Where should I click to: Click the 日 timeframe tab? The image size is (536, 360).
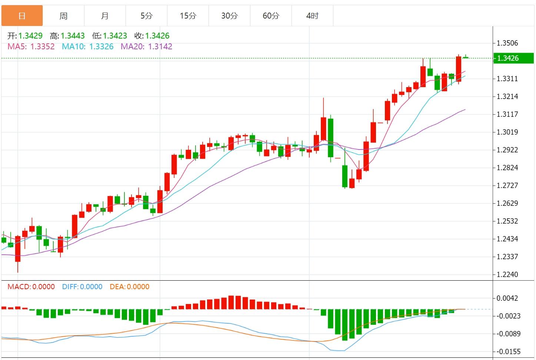22,16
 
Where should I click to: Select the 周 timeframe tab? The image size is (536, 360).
63,16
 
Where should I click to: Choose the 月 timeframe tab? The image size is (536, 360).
105,16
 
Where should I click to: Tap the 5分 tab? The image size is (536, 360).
146,16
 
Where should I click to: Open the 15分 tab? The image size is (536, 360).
188,16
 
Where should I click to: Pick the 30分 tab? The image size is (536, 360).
229,16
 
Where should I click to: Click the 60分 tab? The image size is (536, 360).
271,16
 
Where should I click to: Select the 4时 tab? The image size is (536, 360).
312,16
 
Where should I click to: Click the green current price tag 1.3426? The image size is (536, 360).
513,58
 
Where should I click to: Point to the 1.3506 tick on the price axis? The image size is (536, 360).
507,43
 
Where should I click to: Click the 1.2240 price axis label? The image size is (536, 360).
507,274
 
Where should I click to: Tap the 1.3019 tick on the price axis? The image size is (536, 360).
507,132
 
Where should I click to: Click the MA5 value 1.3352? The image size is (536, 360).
42,47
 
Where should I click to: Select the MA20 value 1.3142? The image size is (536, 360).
160,47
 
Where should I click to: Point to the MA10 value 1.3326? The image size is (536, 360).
101,47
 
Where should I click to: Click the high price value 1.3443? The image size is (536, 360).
73,36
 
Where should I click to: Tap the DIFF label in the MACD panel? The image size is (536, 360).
70,287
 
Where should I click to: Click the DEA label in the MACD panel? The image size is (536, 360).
117,287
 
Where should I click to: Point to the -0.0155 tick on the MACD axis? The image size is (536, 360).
509,351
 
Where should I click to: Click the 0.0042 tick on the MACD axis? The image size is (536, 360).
507,298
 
